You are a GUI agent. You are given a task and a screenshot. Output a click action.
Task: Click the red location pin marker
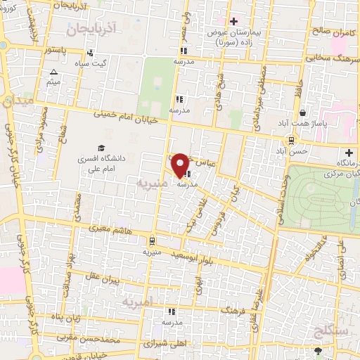click(x=181, y=165)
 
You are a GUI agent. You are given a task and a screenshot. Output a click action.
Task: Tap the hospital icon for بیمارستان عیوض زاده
click(x=233, y=22)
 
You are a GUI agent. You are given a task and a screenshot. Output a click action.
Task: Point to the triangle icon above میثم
click(x=54, y=72)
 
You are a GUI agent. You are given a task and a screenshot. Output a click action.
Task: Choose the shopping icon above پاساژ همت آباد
click(x=302, y=112)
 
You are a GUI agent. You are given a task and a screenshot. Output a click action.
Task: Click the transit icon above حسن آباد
click(x=291, y=141)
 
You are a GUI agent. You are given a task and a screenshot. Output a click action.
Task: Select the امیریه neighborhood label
click(x=137, y=303)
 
